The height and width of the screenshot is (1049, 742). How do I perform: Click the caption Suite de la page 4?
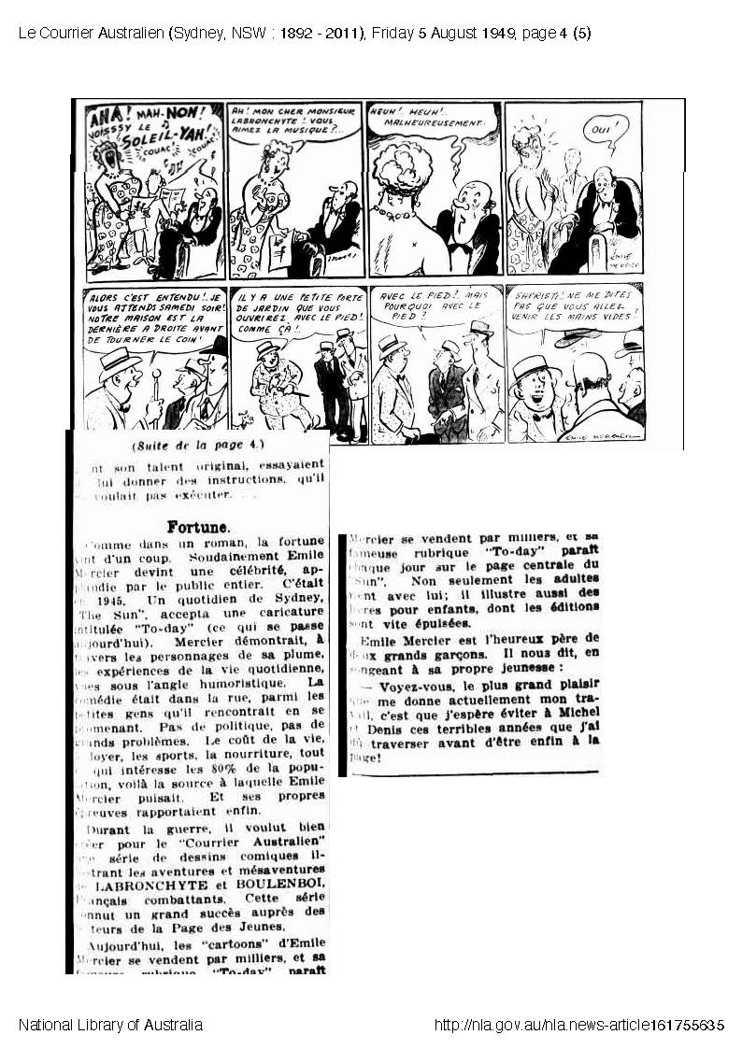click(x=198, y=446)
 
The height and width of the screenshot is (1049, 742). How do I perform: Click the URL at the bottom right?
click(x=578, y=1025)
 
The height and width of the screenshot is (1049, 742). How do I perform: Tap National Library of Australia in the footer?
click(x=110, y=1025)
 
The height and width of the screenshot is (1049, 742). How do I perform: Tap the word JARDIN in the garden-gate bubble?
click(x=255, y=317)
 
